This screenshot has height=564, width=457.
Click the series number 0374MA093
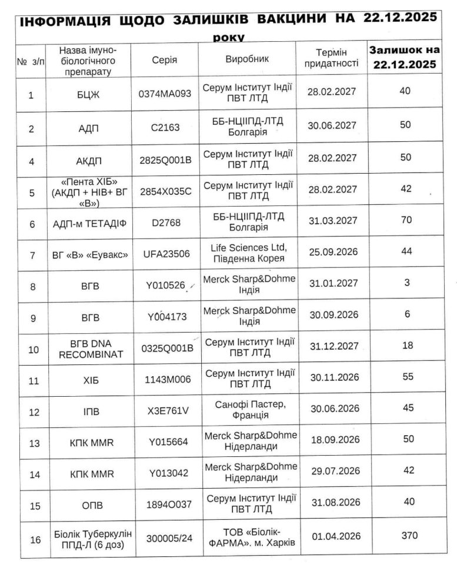[x=165, y=94]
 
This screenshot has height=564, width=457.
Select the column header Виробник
[x=247, y=59]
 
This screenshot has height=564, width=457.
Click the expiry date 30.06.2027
[x=333, y=126]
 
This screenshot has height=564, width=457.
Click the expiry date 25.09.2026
[x=333, y=254]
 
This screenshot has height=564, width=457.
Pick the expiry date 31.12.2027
[x=334, y=346]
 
